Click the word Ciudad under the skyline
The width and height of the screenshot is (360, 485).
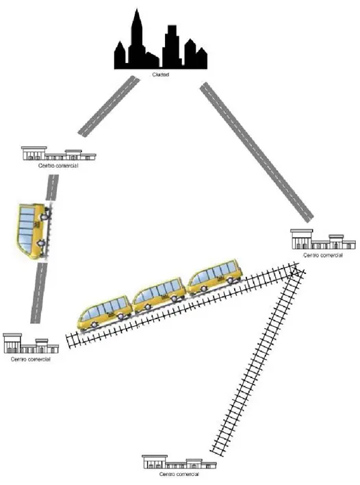pos(160,75)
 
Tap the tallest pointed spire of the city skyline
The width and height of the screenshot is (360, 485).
pos(136,12)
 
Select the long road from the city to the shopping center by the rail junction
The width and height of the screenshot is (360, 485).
pos(257,151)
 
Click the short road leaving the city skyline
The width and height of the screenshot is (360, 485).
pos(108,106)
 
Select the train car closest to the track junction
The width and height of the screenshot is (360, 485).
pos(216,277)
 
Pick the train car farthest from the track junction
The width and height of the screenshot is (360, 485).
pos(105,313)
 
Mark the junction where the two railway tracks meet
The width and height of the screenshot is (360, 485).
pos(296,271)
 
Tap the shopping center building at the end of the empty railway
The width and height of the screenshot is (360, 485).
pos(179,462)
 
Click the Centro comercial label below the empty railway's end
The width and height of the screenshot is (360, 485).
pos(179,474)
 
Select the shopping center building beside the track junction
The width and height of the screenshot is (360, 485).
pos(323,239)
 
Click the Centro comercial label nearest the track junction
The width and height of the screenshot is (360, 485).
pos(323,256)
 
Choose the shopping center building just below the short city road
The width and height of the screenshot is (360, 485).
pos(59,153)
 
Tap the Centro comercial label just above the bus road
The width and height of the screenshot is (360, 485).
pos(58,166)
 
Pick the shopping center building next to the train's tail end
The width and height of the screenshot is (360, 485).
pos(31,344)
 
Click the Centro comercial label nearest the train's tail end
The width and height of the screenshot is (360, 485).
pos(31,360)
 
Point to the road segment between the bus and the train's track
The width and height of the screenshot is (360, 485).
pos(38,293)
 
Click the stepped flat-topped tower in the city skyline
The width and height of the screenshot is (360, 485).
pos(171,47)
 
